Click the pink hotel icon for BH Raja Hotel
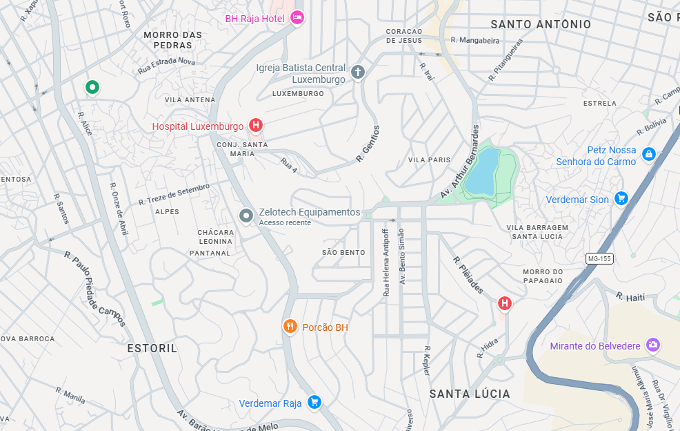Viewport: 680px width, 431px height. click(297, 17)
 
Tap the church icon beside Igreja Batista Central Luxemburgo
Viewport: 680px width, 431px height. click(357, 72)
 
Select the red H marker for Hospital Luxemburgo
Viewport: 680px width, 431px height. click(256, 125)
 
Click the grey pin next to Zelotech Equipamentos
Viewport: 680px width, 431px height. click(246, 215)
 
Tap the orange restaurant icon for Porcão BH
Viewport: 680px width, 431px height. click(290, 326)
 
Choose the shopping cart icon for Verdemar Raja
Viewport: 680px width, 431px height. click(314, 401)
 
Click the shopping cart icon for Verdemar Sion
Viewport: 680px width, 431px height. click(621, 198)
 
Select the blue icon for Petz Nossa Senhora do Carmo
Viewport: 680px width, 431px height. click(648, 154)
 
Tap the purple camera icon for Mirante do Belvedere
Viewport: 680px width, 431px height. click(653, 345)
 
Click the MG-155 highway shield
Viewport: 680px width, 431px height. click(599, 258)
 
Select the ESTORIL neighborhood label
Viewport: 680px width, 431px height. click(152, 349)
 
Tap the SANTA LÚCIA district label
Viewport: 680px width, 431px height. click(470, 394)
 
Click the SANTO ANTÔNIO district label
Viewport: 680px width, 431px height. click(541, 24)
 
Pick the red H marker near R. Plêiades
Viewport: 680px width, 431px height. click(505, 303)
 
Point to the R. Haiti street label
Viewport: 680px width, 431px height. click(630, 296)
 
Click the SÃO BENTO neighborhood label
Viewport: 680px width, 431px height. click(343, 252)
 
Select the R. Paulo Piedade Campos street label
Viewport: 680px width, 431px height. click(95, 288)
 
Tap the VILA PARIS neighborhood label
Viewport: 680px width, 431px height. click(429, 160)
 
